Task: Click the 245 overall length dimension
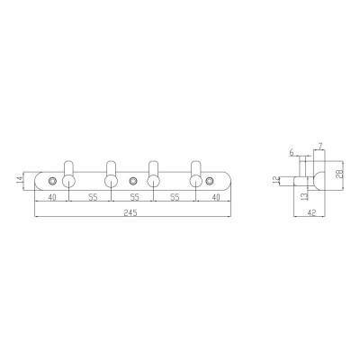130,212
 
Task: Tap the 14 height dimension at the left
20,179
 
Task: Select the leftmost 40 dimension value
52,197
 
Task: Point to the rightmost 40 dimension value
216,197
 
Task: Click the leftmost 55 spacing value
93,197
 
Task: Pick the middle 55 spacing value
134,197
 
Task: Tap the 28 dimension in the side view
339,175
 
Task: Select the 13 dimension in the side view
303,196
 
